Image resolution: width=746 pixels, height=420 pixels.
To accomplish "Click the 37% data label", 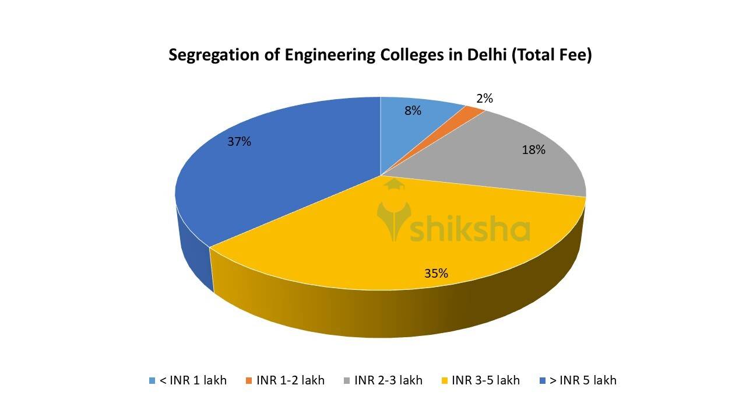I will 240,141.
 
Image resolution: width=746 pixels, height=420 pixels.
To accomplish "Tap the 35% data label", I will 436,273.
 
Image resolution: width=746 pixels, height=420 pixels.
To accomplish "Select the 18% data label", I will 533,150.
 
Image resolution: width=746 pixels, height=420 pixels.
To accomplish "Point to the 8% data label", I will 413,110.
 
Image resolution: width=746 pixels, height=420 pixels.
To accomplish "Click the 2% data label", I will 484,99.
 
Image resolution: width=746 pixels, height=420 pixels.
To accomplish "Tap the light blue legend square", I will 152,381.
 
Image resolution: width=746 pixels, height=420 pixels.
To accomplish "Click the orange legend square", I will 249,381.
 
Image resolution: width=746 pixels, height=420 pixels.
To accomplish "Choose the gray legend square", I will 347,381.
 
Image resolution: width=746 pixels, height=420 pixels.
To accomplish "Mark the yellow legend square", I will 444,381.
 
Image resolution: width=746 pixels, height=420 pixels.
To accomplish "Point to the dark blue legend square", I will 543,381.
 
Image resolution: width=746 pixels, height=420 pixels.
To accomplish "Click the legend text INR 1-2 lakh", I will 290,380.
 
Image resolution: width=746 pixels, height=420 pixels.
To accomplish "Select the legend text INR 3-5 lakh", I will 485,380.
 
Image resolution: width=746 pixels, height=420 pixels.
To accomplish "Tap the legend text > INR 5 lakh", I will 583,380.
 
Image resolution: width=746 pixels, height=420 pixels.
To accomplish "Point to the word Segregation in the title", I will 213,56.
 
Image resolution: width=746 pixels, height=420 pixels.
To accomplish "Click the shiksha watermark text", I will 470,230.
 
